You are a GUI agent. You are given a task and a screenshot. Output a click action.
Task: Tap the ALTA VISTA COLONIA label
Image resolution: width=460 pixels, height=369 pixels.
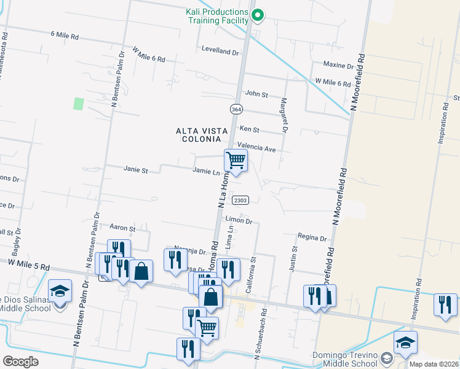[202, 135]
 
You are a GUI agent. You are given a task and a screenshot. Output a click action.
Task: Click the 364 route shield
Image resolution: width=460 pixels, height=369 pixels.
[236, 109]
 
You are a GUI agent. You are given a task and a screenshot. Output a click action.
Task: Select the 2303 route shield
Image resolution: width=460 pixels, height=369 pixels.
[240, 200]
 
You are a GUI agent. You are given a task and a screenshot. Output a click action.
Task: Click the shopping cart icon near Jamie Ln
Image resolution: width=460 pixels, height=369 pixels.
[236, 161]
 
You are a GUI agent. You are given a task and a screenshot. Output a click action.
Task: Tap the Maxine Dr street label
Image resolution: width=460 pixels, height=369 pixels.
[338, 65]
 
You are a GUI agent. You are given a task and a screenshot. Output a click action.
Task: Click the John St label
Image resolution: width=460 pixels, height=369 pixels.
[256, 94]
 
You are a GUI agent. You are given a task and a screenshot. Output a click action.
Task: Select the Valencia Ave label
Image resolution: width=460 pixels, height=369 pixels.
[261, 148]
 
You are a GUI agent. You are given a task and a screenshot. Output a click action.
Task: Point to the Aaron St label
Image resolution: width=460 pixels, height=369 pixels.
[122, 228]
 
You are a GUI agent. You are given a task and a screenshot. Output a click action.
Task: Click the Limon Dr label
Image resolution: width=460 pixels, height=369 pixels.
[239, 220]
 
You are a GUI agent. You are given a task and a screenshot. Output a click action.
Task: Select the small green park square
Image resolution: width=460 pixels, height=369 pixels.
[78, 103]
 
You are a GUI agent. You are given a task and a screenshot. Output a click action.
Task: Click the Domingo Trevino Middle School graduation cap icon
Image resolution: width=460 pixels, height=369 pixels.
[405, 343]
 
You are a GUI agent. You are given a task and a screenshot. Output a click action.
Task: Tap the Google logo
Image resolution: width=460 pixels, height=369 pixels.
[20, 362]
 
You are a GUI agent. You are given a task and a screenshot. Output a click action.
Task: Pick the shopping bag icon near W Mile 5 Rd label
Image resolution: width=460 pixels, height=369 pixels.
[141, 272]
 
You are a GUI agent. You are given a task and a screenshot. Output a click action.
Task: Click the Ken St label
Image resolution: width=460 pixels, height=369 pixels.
[250, 130]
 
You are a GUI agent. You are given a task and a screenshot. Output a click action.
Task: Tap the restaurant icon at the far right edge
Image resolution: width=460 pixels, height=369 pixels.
[445, 306]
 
